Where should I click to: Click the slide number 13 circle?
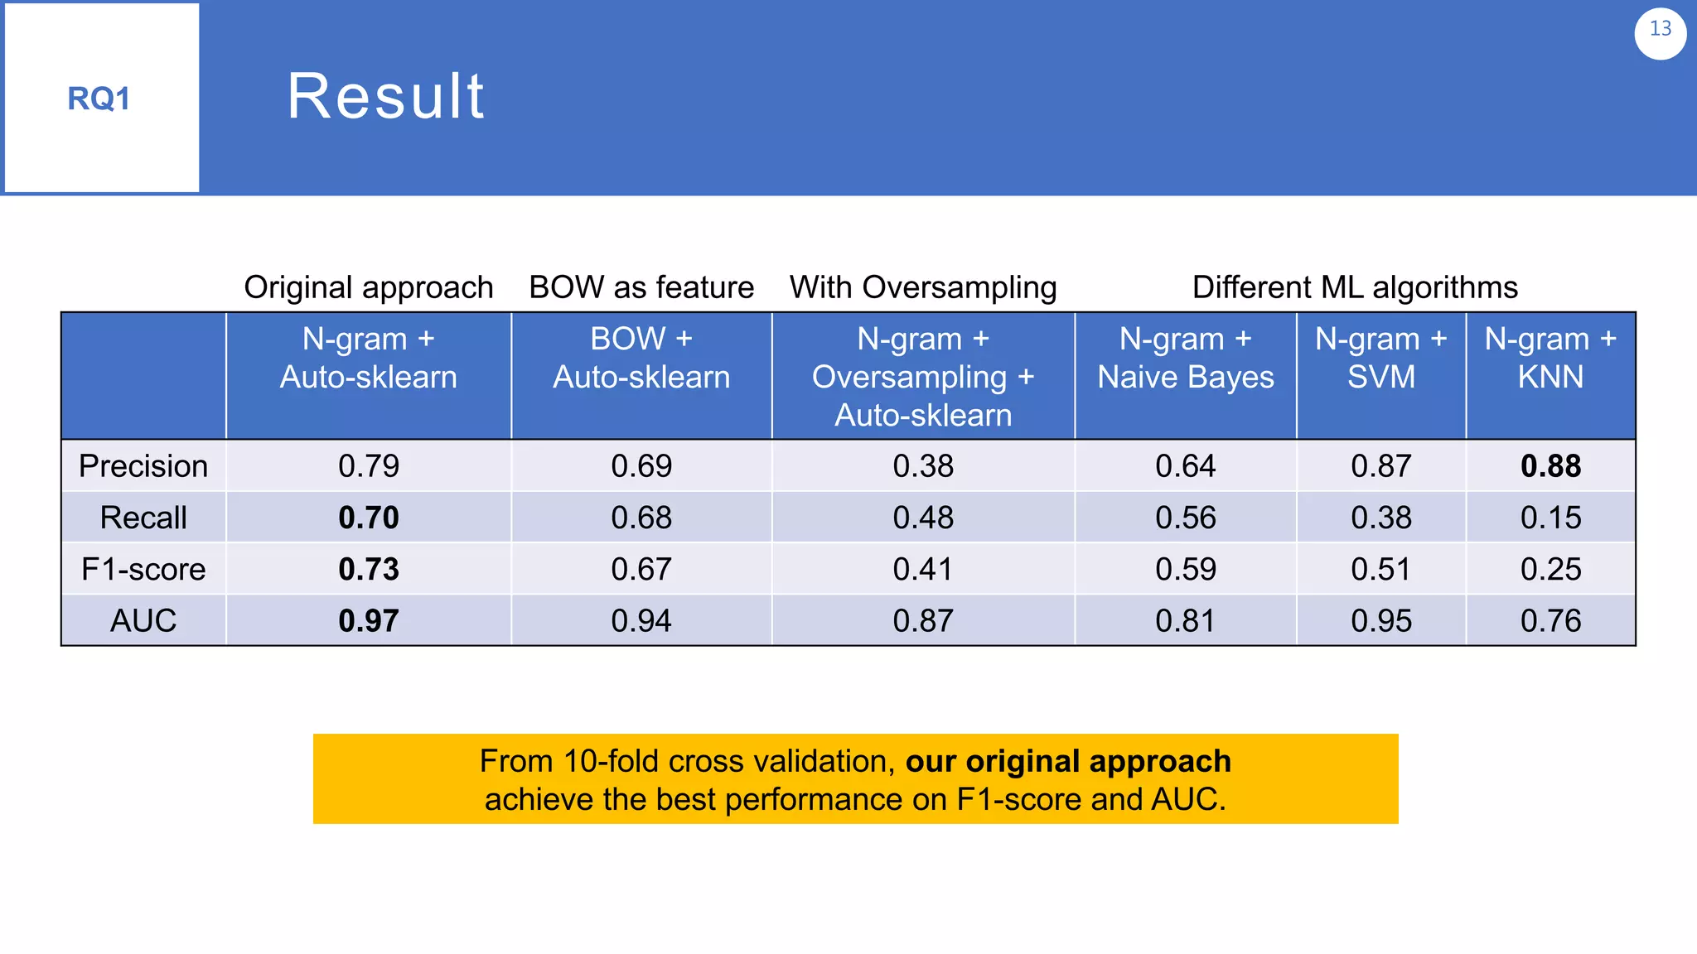point(1660,32)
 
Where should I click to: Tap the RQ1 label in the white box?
point(99,99)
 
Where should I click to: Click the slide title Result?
point(385,96)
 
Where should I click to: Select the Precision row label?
point(143,466)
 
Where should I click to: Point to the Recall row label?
point(143,518)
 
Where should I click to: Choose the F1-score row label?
point(143,569)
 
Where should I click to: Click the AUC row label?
point(143,620)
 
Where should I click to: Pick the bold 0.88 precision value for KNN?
point(1550,466)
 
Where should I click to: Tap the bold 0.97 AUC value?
point(369,620)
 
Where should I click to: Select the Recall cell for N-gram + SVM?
point(1380,518)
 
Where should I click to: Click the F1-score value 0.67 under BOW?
point(641,569)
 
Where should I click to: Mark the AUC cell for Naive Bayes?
point(1185,620)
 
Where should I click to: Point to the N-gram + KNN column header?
point(1550,358)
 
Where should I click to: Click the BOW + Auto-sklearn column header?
point(641,358)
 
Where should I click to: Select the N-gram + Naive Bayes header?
point(1185,358)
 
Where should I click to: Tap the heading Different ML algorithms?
point(1355,287)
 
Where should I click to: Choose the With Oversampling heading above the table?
point(923,287)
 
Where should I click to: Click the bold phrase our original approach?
point(1068,761)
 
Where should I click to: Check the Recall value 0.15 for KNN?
point(1550,518)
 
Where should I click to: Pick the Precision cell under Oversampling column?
point(923,466)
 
